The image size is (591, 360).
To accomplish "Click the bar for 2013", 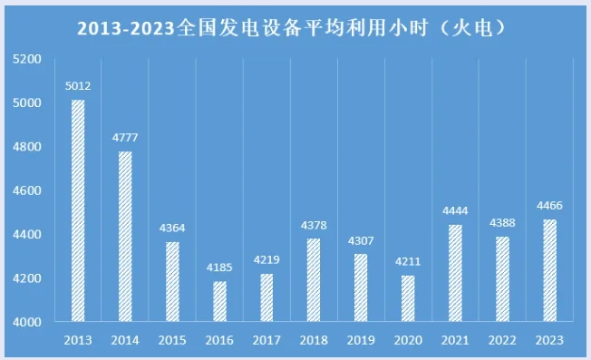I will (x=78, y=210).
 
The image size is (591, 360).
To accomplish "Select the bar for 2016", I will (x=219, y=301).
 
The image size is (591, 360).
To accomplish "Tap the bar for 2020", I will (x=408, y=298).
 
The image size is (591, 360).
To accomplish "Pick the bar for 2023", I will (x=549, y=270).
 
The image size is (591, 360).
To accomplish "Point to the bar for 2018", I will (x=314, y=280).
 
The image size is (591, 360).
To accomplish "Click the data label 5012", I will (x=78, y=87).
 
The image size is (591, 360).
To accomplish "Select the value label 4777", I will (x=125, y=138).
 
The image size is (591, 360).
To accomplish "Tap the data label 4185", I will (x=219, y=268).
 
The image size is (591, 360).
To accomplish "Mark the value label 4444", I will (x=455, y=211).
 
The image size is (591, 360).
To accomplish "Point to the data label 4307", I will (x=361, y=241).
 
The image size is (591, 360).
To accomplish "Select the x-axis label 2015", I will (x=172, y=340).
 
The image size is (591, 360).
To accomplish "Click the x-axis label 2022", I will (x=502, y=340).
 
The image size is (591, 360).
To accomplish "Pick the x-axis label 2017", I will (x=266, y=340).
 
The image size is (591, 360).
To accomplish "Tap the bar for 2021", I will (x=455, y=273).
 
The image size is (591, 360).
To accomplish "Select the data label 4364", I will (x=172, y=229).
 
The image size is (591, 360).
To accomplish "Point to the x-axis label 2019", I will (x=361, y=340).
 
